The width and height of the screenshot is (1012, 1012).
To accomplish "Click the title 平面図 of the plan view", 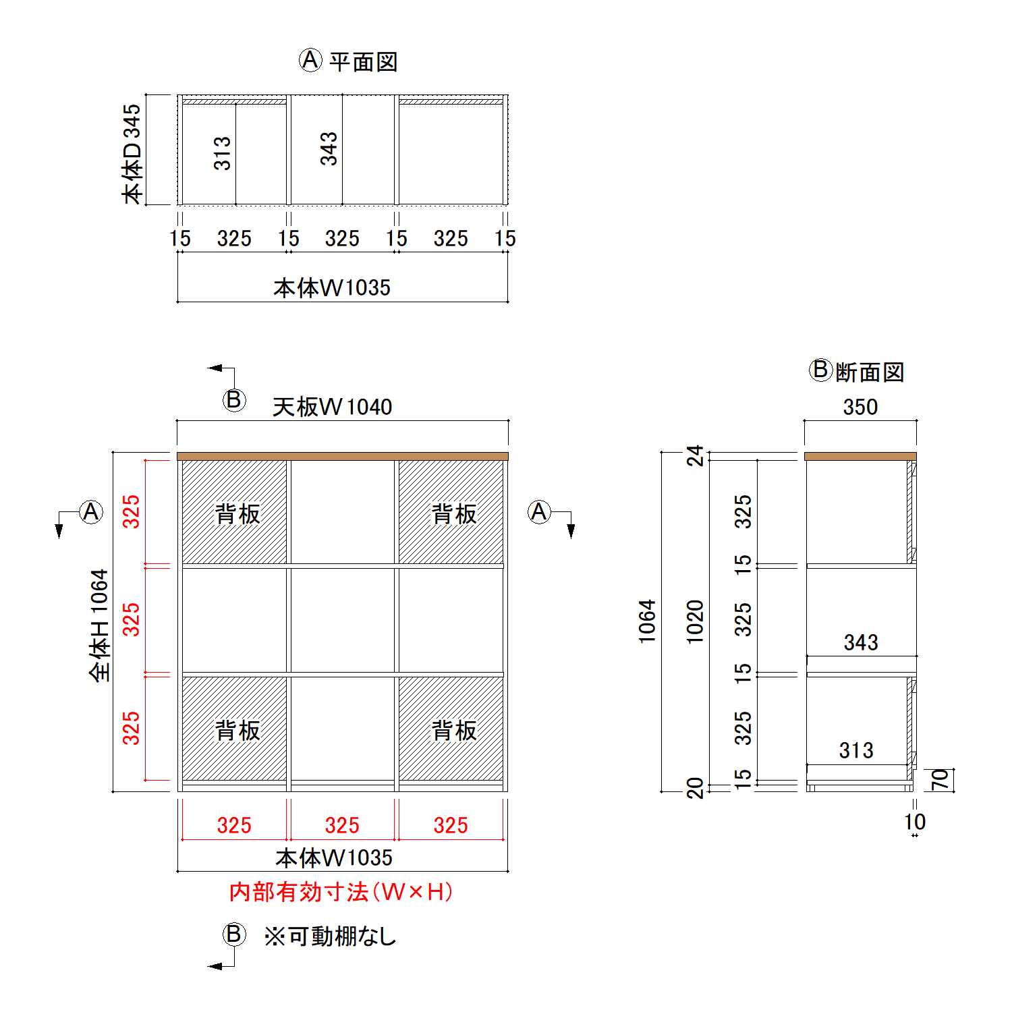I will pos(363,62).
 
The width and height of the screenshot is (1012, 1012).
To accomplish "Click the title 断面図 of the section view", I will pos(870,372).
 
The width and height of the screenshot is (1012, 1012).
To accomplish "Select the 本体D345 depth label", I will pos(132,153).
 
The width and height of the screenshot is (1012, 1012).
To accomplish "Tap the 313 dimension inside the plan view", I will pos(222,152).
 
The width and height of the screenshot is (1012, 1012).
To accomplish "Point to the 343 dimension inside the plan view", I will pos(329,148).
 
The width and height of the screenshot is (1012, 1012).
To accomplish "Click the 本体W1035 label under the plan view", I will pos(332,288).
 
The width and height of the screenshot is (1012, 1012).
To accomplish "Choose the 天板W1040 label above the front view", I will pos(332,407).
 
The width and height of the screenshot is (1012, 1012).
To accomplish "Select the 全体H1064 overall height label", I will pos(99,625).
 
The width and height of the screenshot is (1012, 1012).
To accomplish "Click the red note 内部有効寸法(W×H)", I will pos(341,892).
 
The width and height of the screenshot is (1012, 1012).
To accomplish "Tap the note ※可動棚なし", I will pos(330,936).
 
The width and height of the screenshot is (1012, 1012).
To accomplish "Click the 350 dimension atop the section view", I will pos(860,407).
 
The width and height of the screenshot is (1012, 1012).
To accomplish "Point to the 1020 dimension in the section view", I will pos(695,621).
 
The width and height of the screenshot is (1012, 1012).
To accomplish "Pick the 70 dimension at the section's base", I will pos(940,780).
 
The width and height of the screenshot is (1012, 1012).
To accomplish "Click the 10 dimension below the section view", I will pos(915,822).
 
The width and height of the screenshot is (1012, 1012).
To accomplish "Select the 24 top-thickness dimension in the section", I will pos(695,456).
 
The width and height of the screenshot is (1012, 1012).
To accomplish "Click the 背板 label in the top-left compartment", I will pos(237,514).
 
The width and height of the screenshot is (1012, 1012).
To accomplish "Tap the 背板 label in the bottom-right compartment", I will pos(454,731).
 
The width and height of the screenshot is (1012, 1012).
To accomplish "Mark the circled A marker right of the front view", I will pos(539,512).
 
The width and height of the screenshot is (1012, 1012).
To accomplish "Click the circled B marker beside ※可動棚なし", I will pos(234,934).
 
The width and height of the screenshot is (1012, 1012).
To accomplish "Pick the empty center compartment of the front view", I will pos(343,620).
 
